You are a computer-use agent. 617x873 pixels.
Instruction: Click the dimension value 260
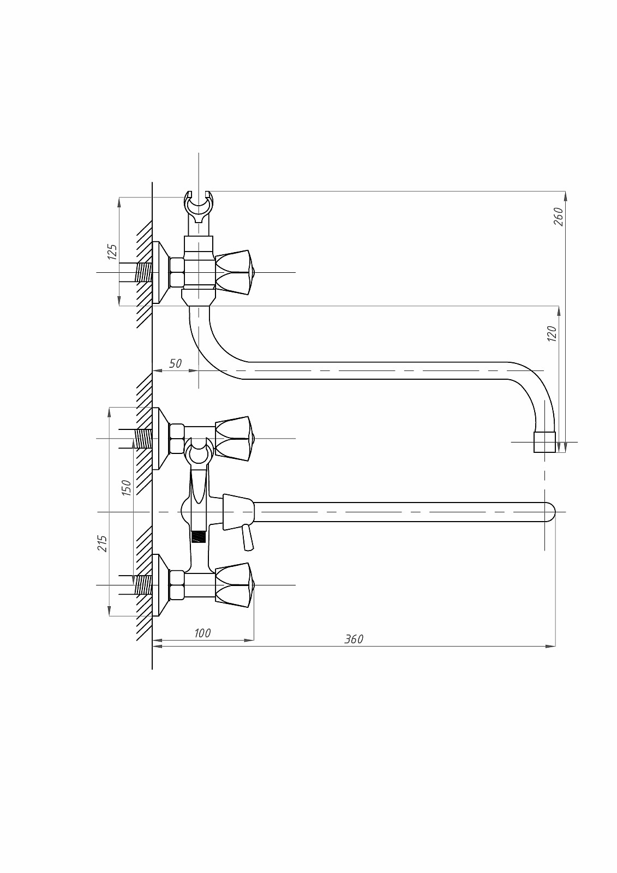(558, 217)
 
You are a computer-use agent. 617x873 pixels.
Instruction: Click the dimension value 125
(112, 252)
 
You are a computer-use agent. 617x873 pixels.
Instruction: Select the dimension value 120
(552, 333)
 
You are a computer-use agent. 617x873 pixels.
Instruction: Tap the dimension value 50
(175, 363)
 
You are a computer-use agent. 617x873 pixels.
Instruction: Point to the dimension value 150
(126, 487)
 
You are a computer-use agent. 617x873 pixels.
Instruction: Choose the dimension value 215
(103, 543)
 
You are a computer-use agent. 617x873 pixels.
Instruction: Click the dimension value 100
(202, 633)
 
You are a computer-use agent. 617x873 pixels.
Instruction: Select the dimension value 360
(354, 639)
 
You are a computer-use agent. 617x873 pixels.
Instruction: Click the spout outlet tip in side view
(544, 442)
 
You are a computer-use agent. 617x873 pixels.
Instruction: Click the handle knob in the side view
(234, 272)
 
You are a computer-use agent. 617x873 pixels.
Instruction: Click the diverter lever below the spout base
(247, 537)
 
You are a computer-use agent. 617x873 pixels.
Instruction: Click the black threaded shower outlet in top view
(199, 536)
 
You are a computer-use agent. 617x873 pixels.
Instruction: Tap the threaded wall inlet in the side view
(143, 272)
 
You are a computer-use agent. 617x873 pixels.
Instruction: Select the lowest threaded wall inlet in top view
(142, 585)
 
